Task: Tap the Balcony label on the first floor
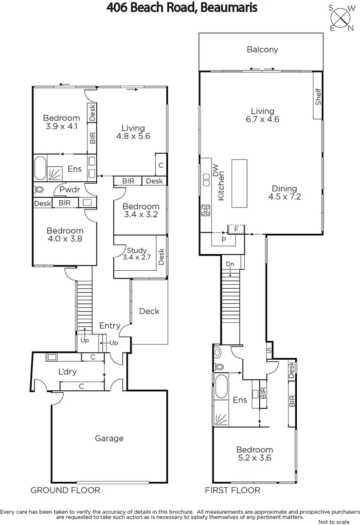(x=262, y=50)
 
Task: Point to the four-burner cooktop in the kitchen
(x=205, y=210)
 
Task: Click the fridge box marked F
(x=236, y=228)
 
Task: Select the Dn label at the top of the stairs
(x=231, y=264)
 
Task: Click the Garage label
(x=109, y=438)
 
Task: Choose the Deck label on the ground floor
(x=149, y=311)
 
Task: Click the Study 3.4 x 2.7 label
(x=137, y=254)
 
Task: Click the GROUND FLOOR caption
(x=65, y=490)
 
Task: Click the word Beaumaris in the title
(x=228, y=8)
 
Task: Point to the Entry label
(x=110, y=325)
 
